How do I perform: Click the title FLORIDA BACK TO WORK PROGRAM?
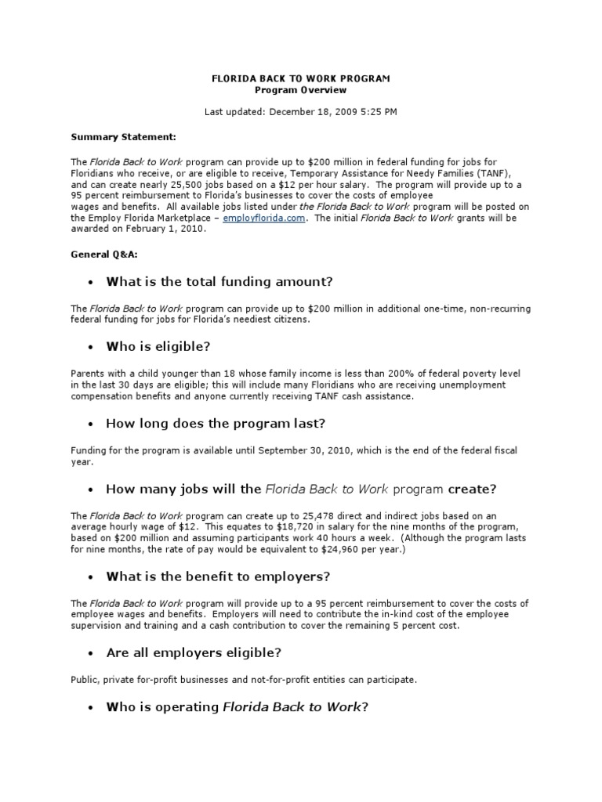click(x=301, y=79)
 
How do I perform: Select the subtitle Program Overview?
click(x=301, y=90)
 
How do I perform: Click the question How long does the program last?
click(x=216, y=423)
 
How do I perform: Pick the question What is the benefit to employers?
click(x=218, y=576)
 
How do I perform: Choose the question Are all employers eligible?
click(x=194, y=652)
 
